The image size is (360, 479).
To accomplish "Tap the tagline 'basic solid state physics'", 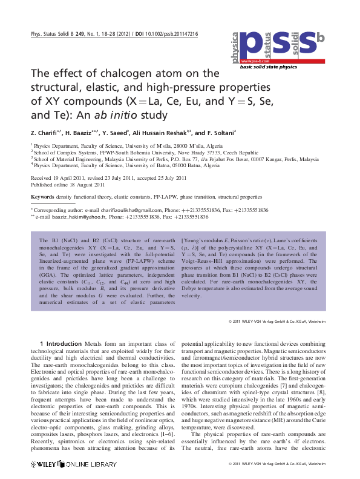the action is pos(269,67).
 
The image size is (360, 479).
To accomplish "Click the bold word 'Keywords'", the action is pos(42,197).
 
